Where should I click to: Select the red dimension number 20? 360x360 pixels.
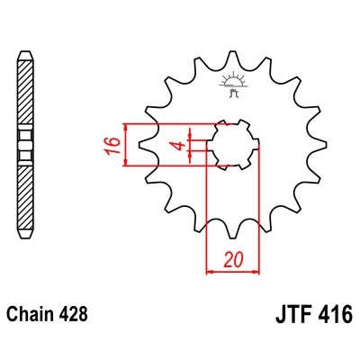tap(234, 259)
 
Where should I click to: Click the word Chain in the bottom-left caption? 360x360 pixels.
tap(29, 316)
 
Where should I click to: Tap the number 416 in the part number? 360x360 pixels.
tap(336, 317)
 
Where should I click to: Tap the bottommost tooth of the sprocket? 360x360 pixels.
tap(234, 237)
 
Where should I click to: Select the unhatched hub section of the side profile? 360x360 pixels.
tap(24, 145)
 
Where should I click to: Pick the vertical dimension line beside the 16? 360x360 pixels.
tap(127, 145)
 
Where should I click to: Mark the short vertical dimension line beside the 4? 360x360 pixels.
tap(191, 145)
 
